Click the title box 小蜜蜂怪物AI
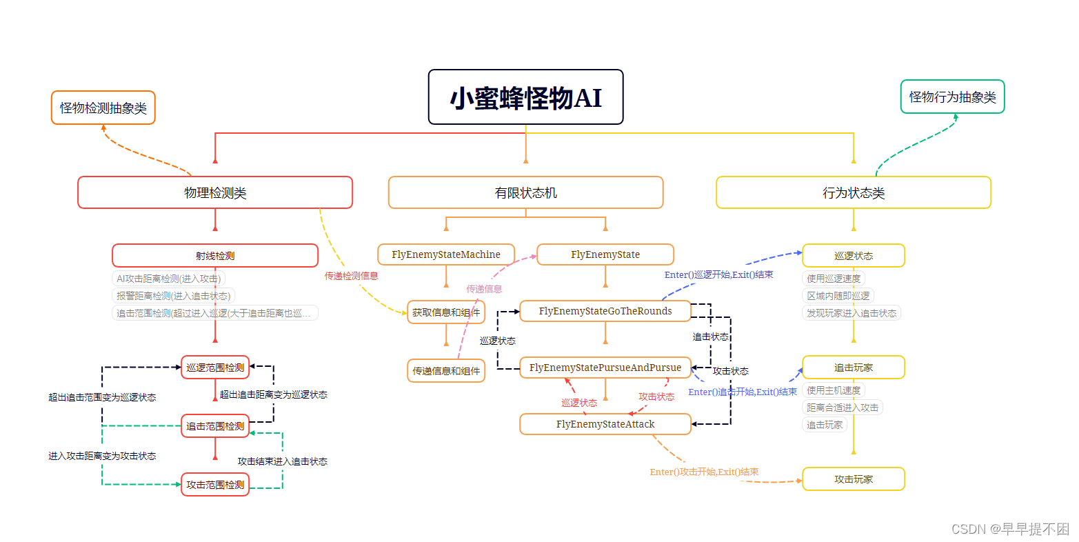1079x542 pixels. [x=525, y=97]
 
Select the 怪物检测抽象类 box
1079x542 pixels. [x=103, y=108]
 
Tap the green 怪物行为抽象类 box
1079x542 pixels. [x=952, y=97]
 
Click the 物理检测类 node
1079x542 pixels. [x=215, y=192]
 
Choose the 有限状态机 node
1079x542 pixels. [x=525, y=192]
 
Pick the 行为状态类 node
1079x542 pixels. [x=853, y=192]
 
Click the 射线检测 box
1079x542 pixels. [x=215, y=255]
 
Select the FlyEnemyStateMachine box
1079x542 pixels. [x=446, y=254]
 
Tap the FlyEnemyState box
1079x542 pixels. [x=605, y=254]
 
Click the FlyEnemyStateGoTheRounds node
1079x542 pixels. [x=605, y=311]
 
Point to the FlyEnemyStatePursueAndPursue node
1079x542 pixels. [x=605, y=368]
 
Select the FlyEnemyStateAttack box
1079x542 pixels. [x=605, y=424]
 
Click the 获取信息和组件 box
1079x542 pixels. [x=446, y=312]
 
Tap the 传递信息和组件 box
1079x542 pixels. [x=446, y=371]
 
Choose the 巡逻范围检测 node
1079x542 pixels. [x=215, y=368]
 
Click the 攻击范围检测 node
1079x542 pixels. [x=215, y=485]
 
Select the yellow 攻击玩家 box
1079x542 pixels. [x=853, y=479]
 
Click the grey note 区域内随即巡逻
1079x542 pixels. [x=838, y=296]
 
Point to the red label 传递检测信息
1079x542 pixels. [x=352, y=276]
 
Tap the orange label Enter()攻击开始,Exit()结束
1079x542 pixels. [x=704, y=472]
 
